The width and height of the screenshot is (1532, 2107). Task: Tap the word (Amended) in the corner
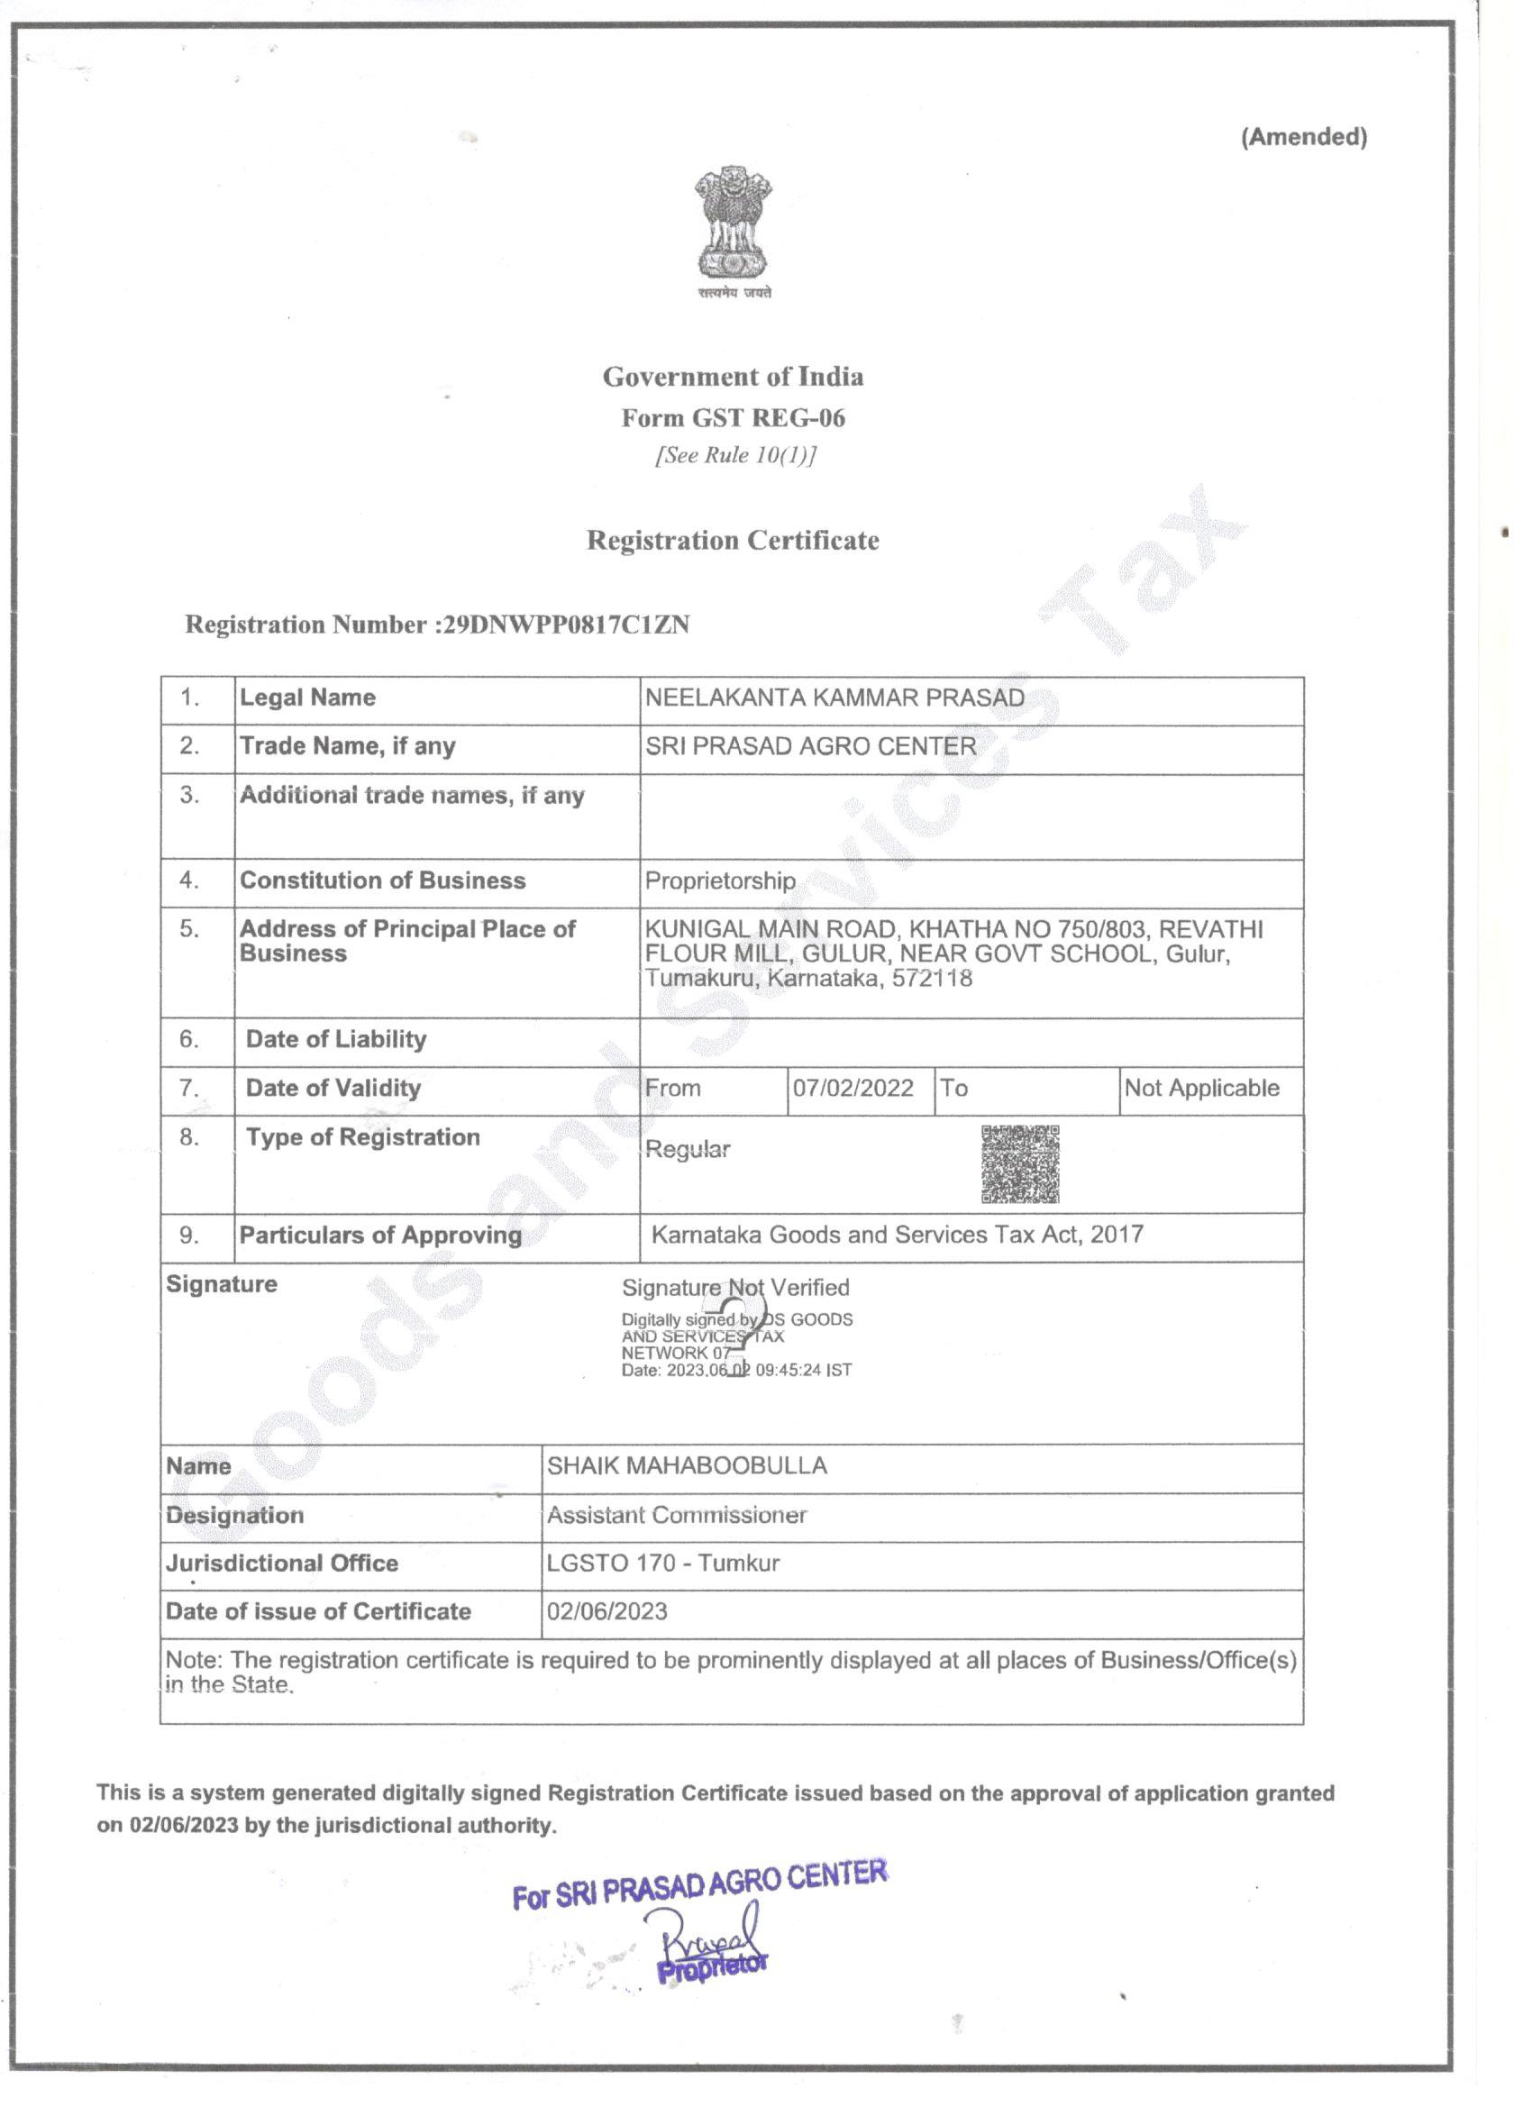pyautogui.click(x=1303, y=138)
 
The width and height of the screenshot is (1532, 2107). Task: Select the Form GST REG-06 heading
pyautogui.click(x=733, y=418)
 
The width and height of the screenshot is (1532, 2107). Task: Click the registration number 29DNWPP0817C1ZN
pyautogui.click(x=566, y=625)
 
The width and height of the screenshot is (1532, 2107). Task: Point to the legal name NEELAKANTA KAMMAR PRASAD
pyautogui.click(x=834, y=698)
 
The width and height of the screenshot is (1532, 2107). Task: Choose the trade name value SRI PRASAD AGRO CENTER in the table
pyautogui.click(x=810, y=746)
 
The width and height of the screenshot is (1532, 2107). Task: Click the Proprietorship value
pyautogui.click(x=720, y=880)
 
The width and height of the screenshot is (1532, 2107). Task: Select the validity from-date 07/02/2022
pyautogui.click(x=853, y=1088)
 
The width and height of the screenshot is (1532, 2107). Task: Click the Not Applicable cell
pyautogui.click(x=1201, y=1088)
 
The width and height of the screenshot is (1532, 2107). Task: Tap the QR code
pyautogui.click(x=1020, y=1164)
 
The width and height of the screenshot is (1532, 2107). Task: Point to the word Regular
pyautogui.click(x=688, y=1149)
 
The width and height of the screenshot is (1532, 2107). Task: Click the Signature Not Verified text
pyautogui.click(x=734, y=1288)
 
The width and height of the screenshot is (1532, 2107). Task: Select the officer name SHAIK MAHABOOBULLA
pyautogui.click(x=687, y=1466)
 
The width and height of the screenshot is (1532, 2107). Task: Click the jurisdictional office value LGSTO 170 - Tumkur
pyautogui.click(x=662, y=1564)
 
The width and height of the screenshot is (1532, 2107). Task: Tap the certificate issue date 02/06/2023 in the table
pyautogui.click(x=606, y=1612)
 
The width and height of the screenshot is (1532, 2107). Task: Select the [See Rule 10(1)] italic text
pyautogui.click(x=734, y=455)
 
